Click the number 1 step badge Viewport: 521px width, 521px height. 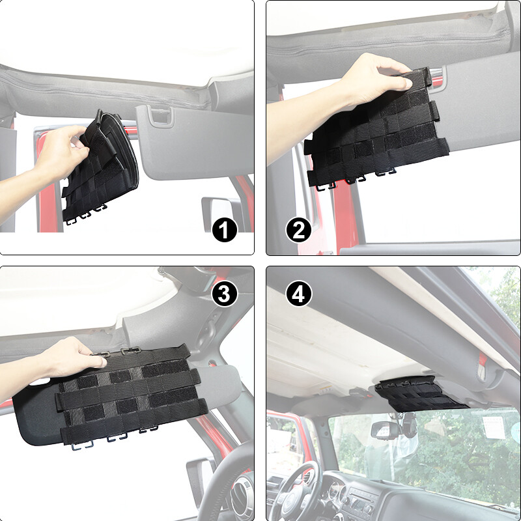coord(224,230)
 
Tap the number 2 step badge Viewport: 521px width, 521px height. coord(298,230)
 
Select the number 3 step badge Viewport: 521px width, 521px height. coord(224,294)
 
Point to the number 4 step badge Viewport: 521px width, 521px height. coord(298,294)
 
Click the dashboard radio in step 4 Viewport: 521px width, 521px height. coord(362,504)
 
